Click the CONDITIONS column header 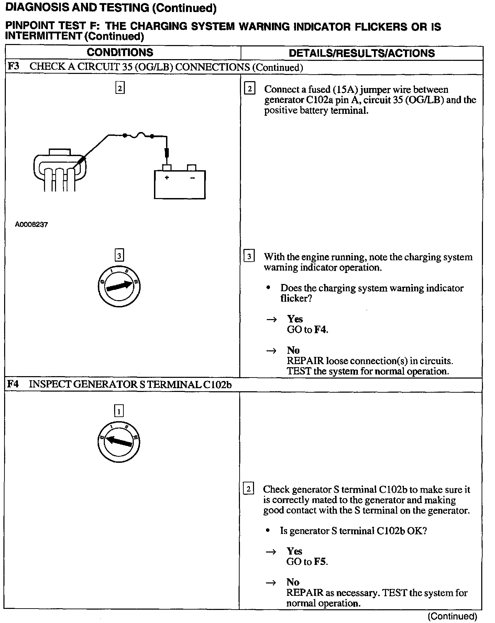click(120, 52)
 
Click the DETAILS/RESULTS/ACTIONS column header click(362, 53)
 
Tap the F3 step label click(13, 66)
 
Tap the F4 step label click(13, 384)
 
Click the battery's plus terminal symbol click(167, 178)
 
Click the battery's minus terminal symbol click(192, 178)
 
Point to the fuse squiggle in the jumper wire click(138, 136)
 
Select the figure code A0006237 click(32, 225)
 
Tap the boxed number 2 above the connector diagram click(120, 88)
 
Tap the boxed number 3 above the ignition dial click(119, 255)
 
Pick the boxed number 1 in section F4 click(119, 411)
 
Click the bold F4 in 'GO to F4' click(320, 330)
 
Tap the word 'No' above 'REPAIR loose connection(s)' click(293, 350)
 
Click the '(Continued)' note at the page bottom click(452, 616)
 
